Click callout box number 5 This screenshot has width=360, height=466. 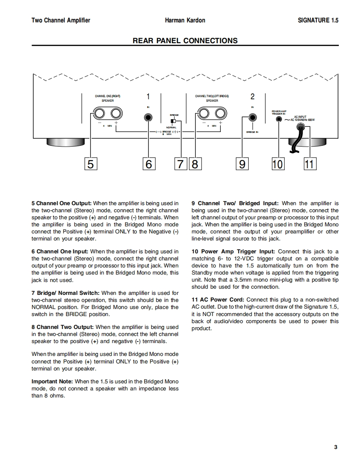point(91,164)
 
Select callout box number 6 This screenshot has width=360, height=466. point(148,164)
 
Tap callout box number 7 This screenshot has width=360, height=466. point(180,164)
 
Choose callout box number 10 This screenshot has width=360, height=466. point(277,164)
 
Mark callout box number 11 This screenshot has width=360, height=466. point(309,164)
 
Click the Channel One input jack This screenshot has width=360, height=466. point(148,118)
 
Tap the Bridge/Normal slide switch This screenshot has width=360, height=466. point(174,121)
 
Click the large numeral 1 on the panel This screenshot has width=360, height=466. point(148,97)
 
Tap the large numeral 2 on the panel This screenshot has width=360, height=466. point(252,97)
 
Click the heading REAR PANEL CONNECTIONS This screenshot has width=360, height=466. point(185,41)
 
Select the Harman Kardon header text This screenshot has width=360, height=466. point(185,20)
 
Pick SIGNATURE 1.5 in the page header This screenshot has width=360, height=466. point(318,20)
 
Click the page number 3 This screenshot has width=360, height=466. point(335,447)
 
